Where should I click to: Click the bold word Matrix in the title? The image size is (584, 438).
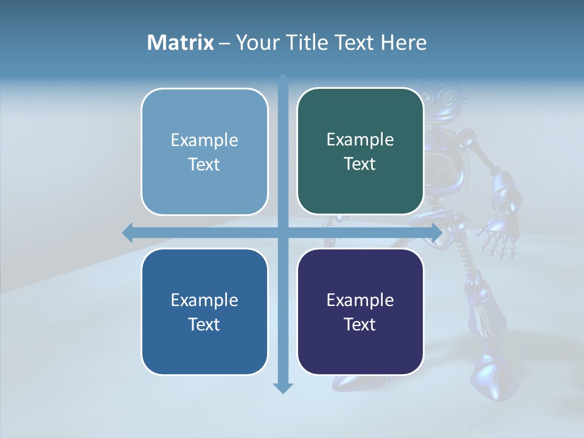tap(181, 43)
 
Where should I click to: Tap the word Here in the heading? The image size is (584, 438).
tap(404, 43)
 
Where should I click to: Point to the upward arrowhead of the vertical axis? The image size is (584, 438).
tap(283, 78)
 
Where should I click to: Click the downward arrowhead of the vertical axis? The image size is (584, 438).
tap(283, 388)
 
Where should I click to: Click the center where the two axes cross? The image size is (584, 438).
tap(283, 232)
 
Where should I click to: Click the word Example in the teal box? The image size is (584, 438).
tap(360, 140)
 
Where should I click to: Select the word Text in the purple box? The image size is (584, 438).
tap(360, 325)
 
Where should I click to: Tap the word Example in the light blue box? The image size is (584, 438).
tap(204, 141)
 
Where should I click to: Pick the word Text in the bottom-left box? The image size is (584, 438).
tap(204, 325)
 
